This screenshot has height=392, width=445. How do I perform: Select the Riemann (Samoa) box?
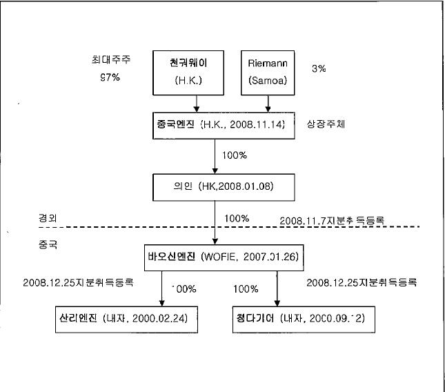point(268,71)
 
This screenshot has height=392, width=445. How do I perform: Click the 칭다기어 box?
point(305,320)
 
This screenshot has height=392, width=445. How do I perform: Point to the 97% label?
point(110,77)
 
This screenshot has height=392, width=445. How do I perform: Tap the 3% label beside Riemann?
point(318,69)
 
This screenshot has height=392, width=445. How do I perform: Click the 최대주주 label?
point(112,59)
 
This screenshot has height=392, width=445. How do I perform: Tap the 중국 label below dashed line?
point(48,244)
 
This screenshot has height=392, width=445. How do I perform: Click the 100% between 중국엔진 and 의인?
point(235,155)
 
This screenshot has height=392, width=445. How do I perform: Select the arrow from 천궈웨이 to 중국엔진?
point(198,102)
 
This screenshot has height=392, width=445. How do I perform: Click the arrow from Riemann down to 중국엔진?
point(268,102)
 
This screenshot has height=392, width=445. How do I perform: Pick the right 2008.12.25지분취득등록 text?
point(362,283)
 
